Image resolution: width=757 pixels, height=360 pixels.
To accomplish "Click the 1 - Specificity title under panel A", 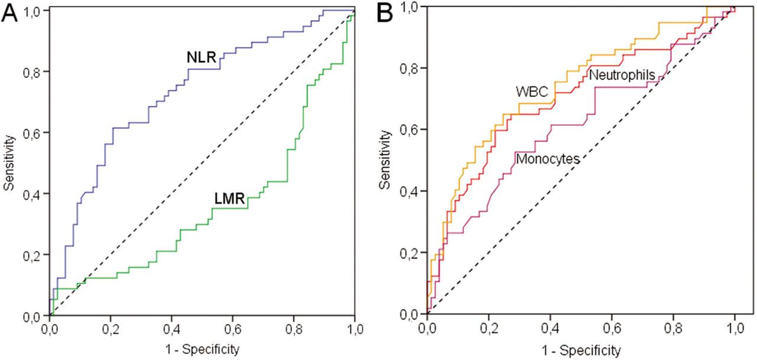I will [202, 349].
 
